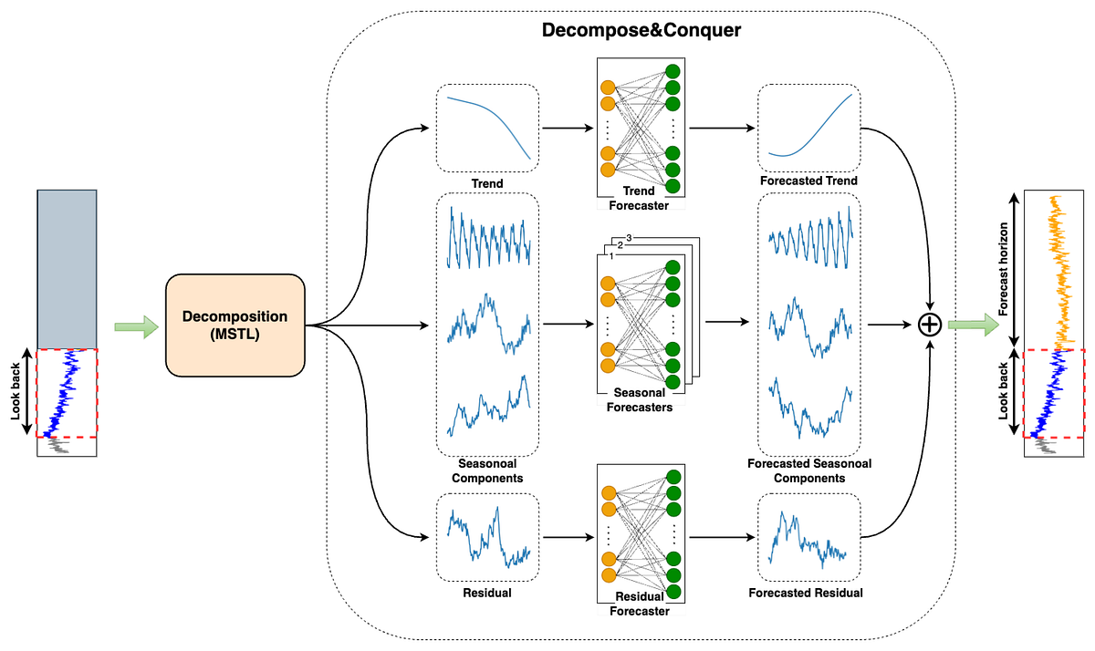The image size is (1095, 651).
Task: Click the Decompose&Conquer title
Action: (x=641, y=30)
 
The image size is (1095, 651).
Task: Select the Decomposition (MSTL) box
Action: (x=235, y=325)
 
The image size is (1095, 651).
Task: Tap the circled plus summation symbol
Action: (x=929, y=325)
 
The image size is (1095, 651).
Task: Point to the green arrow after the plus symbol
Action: (x=971, y=325)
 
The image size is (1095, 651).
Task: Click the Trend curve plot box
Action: (x=488, y=128)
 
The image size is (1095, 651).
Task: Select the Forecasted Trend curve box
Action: (x=809, y=127)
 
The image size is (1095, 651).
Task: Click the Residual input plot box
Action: (x=488, y=537)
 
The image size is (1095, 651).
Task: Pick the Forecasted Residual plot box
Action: (x=808, y=537)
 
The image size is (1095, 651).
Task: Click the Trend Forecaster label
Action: (x=638, y=198)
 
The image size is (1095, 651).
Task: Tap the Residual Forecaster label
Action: (x=638, y=604)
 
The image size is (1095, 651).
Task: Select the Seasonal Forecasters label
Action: (x=638, y=400)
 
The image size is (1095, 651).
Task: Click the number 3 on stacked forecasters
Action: (x=629, y=239)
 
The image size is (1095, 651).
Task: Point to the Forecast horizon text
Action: (x=1003, y=269)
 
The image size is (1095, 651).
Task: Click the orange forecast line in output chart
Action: (x=1058, y=274)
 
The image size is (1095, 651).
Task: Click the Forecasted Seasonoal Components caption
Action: (x=808, y=470)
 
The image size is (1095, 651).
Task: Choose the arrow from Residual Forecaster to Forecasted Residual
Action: (x=721, y=537)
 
